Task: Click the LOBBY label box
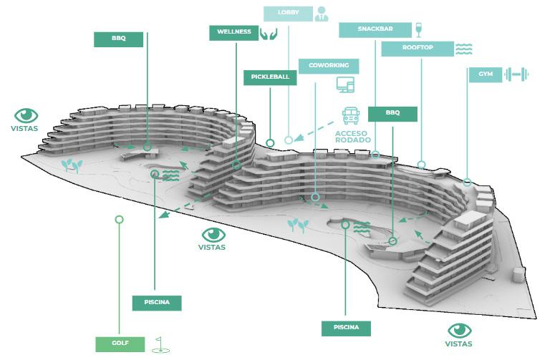tap(288, 14)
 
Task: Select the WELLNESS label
tap(233, 32)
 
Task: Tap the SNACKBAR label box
tap(375, 29)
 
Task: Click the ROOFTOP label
tap(417, 49)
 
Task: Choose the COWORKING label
tap(329, 66)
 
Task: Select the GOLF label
tap(120, 344)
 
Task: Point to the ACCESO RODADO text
tap(352, 136)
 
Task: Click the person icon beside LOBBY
tap(322, 14)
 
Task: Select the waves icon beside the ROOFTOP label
tap(464, 49)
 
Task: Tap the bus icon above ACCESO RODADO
tap(352, 115)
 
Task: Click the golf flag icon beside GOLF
tap(162, 344)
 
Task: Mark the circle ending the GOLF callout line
tap(119, 219)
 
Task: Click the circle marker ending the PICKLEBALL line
tap(270, 143)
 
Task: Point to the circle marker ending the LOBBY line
tap(289, 140)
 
